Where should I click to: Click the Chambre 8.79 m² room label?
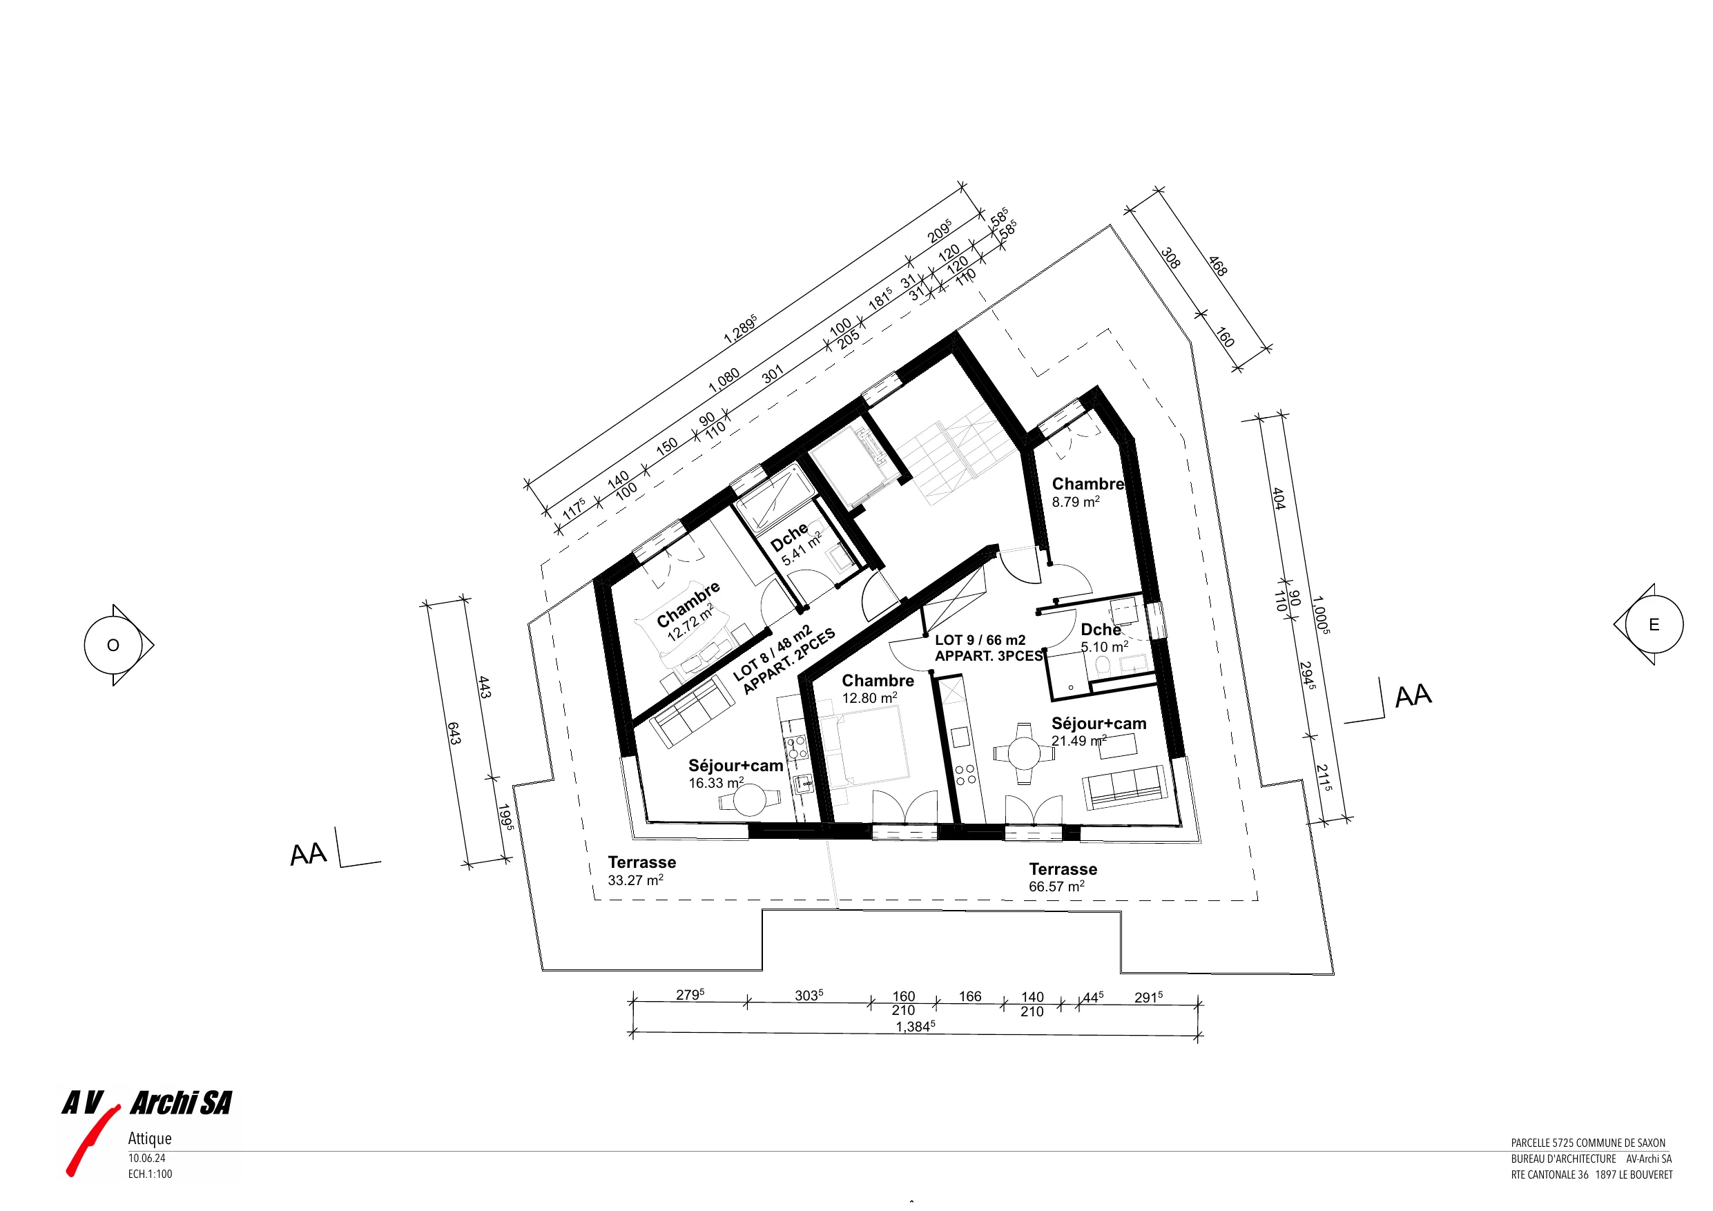1087,492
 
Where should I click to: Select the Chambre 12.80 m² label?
878,688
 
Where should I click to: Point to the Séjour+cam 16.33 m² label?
735,774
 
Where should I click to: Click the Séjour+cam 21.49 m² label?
1099,731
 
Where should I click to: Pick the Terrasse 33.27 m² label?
641,871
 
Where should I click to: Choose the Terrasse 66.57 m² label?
1063,878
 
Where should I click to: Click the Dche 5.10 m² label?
1104,638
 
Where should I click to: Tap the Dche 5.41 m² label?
795,543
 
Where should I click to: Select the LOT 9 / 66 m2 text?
980,640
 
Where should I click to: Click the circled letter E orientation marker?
1654,625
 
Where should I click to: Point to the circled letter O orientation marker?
114,646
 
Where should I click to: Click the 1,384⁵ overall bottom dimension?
915,1027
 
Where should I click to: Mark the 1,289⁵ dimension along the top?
740,329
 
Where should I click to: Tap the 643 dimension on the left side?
454,732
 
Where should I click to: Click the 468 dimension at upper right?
1217,267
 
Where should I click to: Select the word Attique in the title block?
150,1139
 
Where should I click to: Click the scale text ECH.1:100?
150,1174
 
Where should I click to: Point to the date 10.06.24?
147,1159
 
